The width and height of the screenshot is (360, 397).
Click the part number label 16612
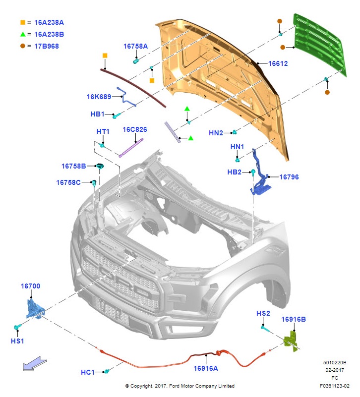tap(278, 64)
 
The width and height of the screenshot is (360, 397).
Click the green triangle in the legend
tap(23, 35)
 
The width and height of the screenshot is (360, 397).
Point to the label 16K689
tap(98, 97)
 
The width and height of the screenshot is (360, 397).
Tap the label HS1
tap(17, 341)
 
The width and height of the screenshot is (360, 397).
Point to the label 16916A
tap(205, 368)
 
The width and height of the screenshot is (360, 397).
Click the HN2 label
tap(216, 133)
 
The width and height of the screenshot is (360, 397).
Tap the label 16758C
tap(68, 182)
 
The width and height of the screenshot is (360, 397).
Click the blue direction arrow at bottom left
tap(36, 364)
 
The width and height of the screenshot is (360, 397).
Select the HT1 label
tap(103, 131)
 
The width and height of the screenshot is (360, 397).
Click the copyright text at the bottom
tap(180, 386)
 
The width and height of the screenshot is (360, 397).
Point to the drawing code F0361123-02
tap(335, 386)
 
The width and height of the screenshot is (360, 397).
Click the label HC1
tap(88, 372)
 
